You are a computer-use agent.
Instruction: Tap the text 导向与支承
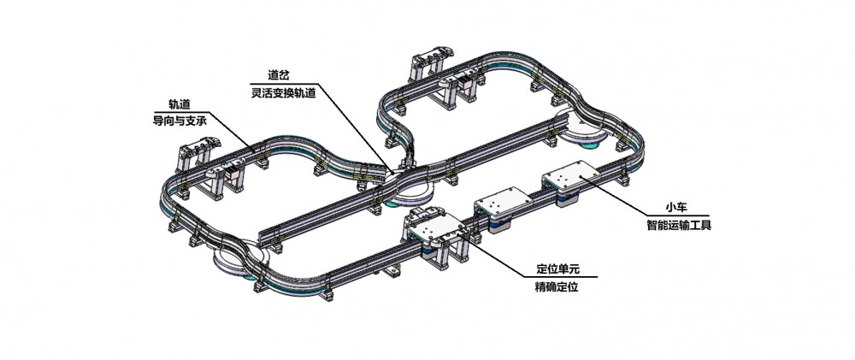click(x=180, y=121)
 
